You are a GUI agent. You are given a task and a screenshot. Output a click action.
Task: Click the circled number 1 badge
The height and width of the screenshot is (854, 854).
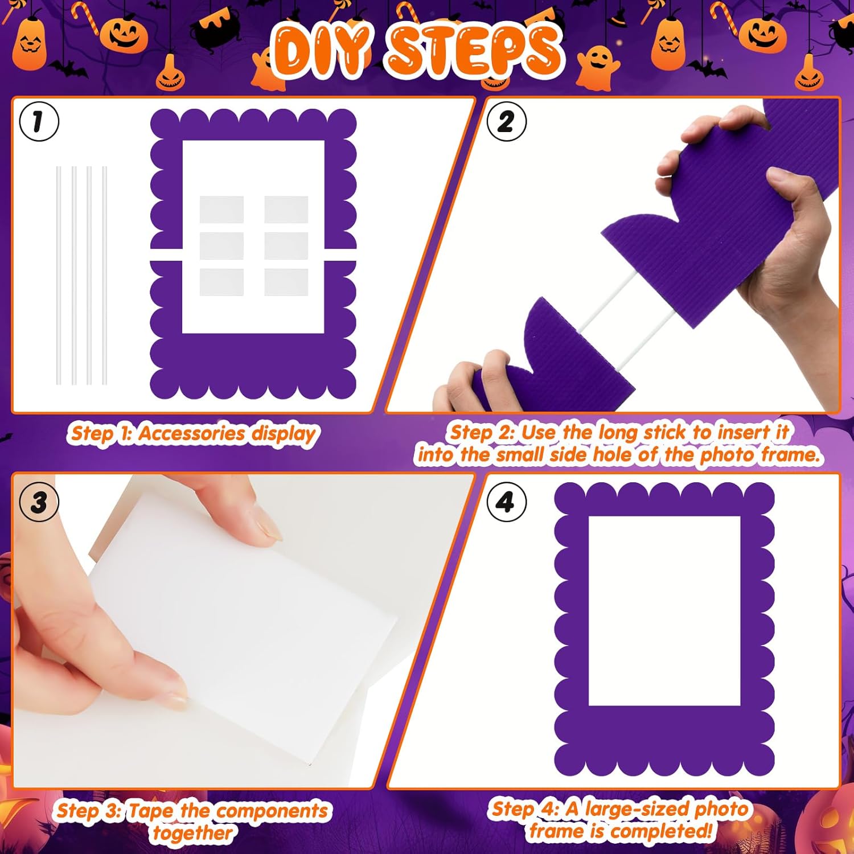[39, 121]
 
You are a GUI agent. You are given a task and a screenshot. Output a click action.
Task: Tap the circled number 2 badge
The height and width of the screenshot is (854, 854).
[506, 121]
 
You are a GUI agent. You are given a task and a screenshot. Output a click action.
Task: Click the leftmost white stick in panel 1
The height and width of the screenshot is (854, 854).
[59, 275]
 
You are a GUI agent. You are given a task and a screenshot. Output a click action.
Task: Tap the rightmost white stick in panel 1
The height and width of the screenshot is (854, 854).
[104, 275]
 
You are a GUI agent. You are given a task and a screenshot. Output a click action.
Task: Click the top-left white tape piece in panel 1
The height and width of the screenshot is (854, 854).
[221, 210]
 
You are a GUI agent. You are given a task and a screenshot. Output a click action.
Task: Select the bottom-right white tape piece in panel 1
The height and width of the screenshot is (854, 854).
[286, 282]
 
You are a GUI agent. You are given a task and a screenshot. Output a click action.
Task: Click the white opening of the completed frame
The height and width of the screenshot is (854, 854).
[664, 611]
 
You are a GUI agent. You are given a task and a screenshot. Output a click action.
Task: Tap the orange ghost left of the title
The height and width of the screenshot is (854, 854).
[268, 69]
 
